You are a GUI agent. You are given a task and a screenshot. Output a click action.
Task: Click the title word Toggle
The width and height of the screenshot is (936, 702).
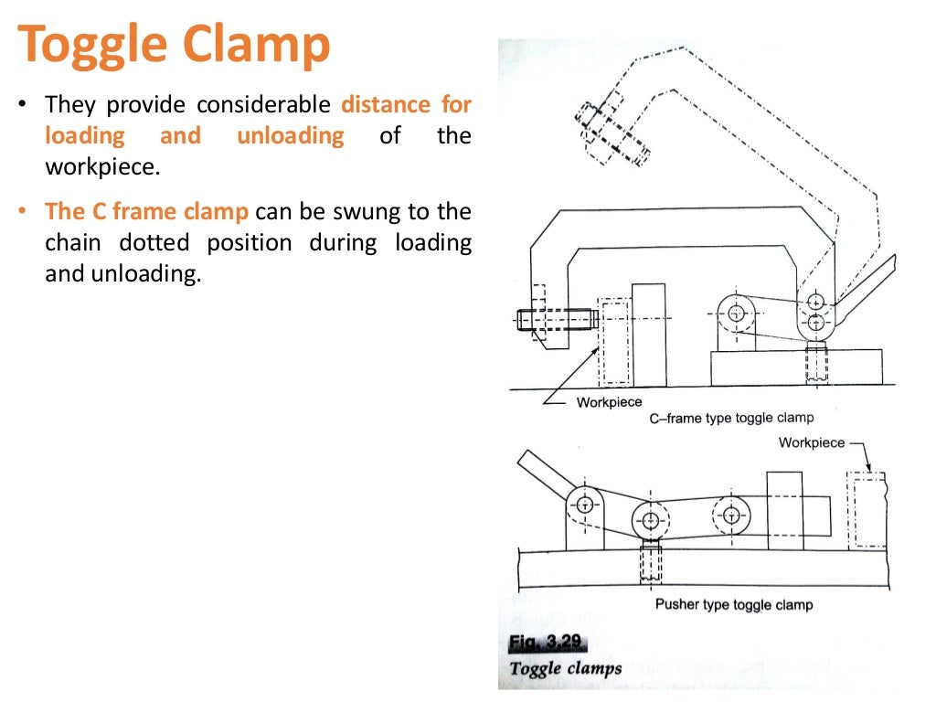(x=90, y=45)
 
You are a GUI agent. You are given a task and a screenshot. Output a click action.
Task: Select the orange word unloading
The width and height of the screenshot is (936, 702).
(x=291, y=136)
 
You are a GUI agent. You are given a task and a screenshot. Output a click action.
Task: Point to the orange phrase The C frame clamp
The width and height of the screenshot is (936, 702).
(x=146, y=212)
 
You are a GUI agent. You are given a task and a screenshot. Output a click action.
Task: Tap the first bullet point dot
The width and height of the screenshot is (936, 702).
(x=22, y=104)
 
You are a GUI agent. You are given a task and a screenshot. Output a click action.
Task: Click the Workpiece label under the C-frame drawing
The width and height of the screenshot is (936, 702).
(x=609, y=402)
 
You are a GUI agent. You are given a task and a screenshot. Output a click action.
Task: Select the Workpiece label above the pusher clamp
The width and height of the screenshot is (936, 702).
(x=811, y=442)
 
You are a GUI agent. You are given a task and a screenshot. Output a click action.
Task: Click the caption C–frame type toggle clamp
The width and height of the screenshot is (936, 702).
(x=731, y=418)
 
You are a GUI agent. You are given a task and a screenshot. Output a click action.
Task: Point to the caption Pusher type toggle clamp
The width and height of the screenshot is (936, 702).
(x=733, y=604)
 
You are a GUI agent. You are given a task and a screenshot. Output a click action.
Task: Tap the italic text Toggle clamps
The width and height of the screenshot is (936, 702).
(x=565, y=667)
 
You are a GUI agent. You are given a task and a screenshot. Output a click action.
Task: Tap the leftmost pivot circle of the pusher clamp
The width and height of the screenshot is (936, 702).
(x=581, y=503)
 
